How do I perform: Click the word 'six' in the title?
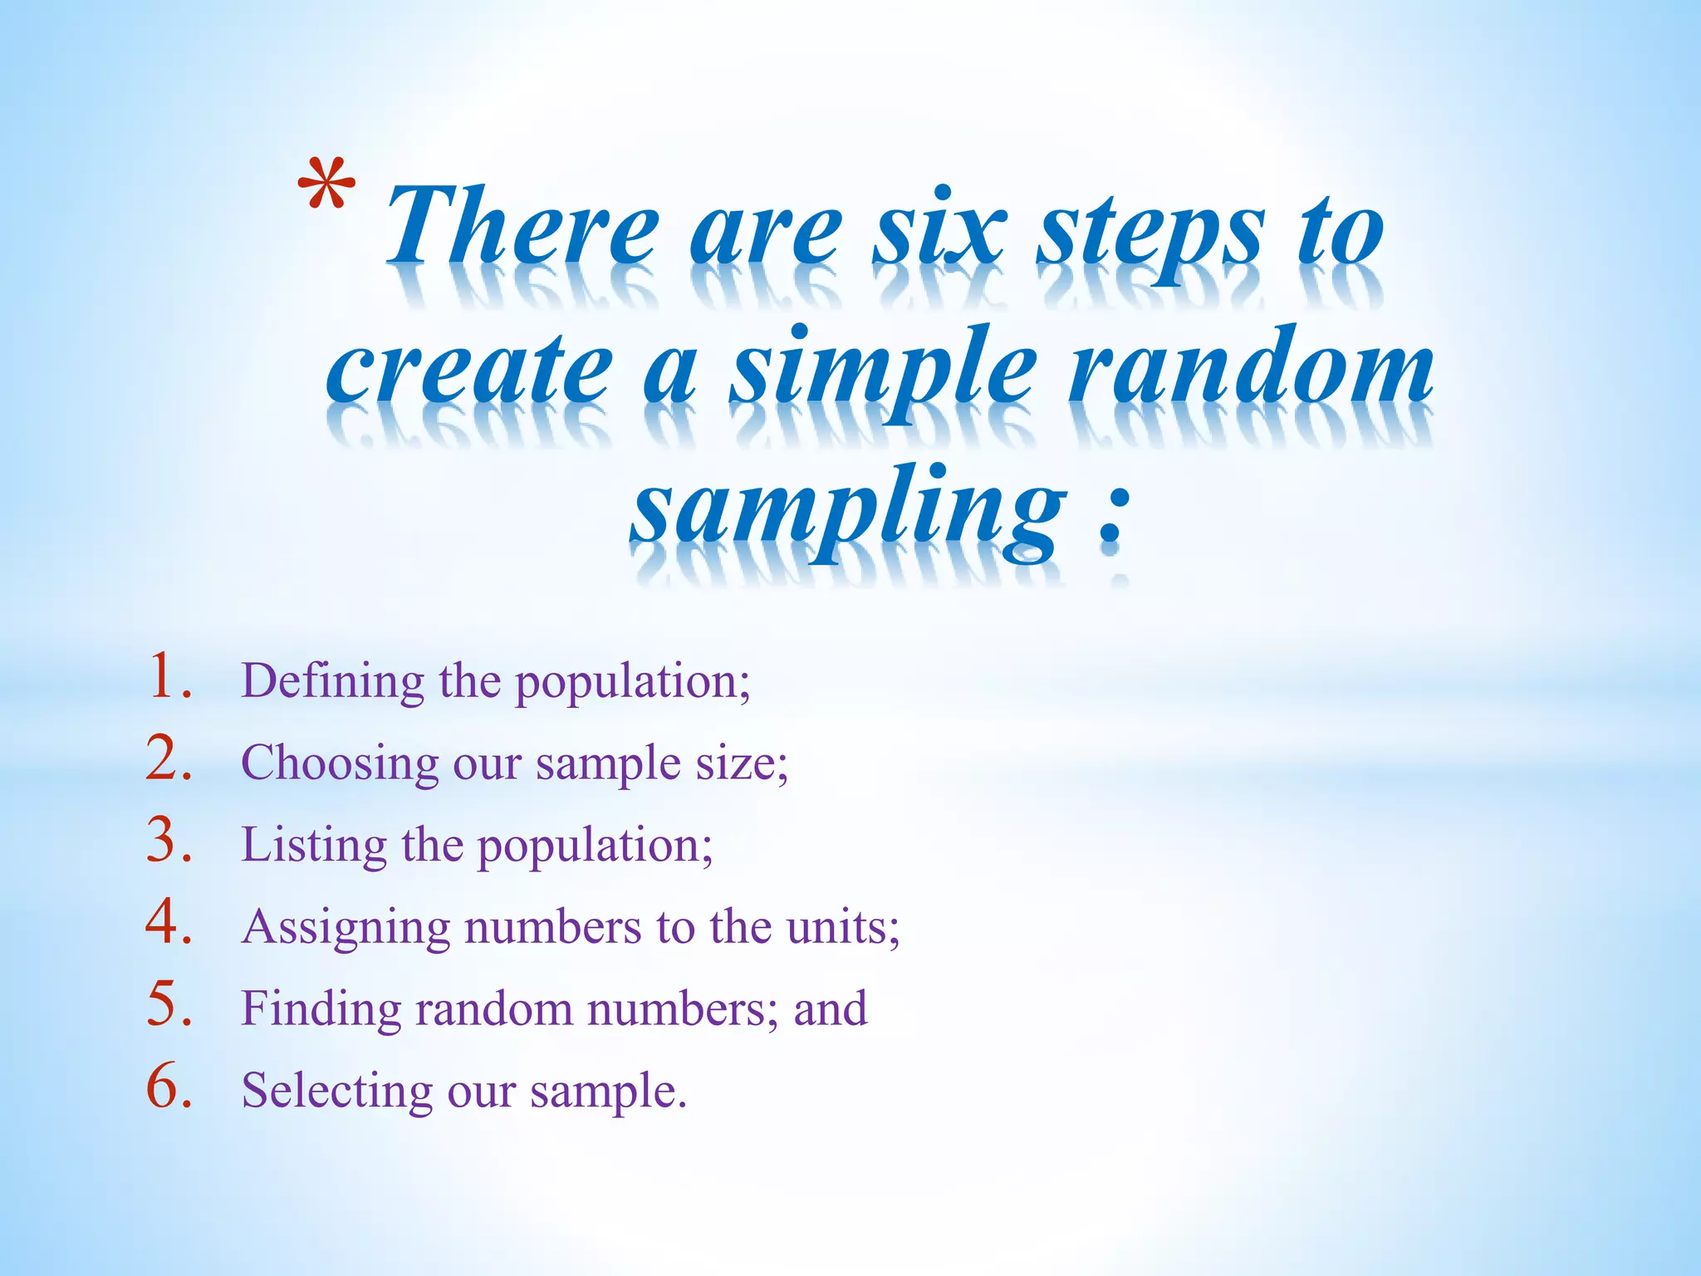[939, 228]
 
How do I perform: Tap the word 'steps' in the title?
[1151, 233]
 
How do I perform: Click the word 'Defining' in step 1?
[332, 682]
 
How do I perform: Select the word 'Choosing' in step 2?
[339, 763]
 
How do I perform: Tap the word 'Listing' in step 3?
[313, 846]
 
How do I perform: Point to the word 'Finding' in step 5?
[321, 1009]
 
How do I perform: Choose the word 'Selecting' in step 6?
[336, 1091]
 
